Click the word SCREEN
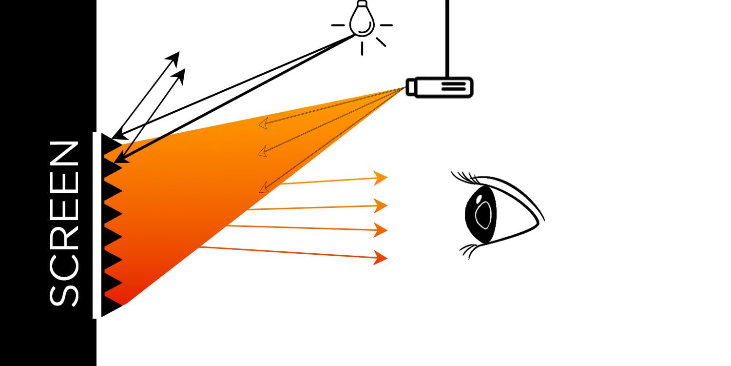pyautogui.click(x=64, y=224)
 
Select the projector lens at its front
pyautogui.click(x=410, y=87)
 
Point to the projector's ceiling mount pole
pyautogui.click(x=447, y=39)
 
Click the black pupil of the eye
pyautogui.click(x=481, y=214)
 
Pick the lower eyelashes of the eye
pyautogui.click(x=468, y=250)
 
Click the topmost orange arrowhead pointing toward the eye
pyautogui.click(x=381, y=178)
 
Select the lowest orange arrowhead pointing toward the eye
pyautogui.click(x=381, y=258)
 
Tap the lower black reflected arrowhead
pyautogui.click(x=179, y=76)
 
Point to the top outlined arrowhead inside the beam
pyautogui.click(x=264, y=123)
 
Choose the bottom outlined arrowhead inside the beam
pyautogui.click(x=264, y=187)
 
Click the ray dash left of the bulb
pyautogui.click(x=338, y=25)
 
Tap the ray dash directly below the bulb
pyautogui.click(x=362, y=48)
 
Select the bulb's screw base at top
pyautogui.click(x=362, y=3)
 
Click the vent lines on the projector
pyautogui.click(x=454, y=86)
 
